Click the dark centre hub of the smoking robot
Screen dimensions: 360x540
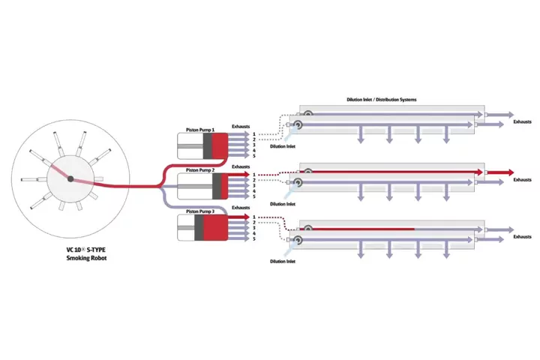(x=69, y=178)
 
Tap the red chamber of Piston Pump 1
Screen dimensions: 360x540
(x=219, y=145)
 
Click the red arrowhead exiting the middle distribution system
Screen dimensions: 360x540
(x=508, y=171)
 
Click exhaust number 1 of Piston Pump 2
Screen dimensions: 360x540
(x=253, y=174)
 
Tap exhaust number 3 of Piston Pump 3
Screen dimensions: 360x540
(x=253, y=228)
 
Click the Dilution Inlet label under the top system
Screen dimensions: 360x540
(x=282, y=146)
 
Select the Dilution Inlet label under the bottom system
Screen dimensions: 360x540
(x=282, y=261)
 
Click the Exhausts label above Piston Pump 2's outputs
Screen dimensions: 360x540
(x=241, y=166)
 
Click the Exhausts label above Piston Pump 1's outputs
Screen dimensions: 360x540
(x=241, y=126)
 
